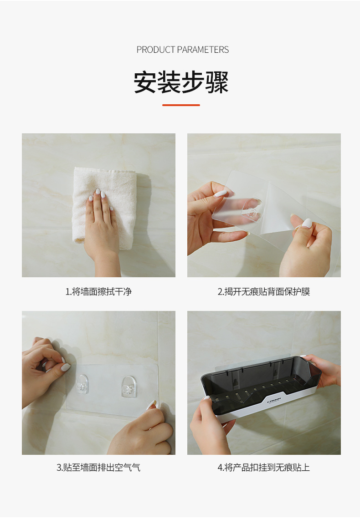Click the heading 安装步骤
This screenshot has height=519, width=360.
pyautogui.click(x=181, y=82)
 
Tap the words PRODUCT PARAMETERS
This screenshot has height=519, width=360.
pyautogui.click(x=182, y=50)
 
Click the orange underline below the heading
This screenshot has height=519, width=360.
pyautogui.click(x=181, y=105)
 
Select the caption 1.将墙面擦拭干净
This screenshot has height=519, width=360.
pyautogui.click(x=98, y=291)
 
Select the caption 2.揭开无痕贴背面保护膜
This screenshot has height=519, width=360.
pyautogui.click(x=263, y=291)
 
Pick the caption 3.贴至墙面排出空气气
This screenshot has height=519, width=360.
pyautogui.click(x=98, y=467)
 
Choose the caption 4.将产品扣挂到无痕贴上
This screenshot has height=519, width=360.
pyautogui.click(x=263, y=467)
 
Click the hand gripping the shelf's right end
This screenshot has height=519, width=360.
pyautogui.click(x=327, y=370)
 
